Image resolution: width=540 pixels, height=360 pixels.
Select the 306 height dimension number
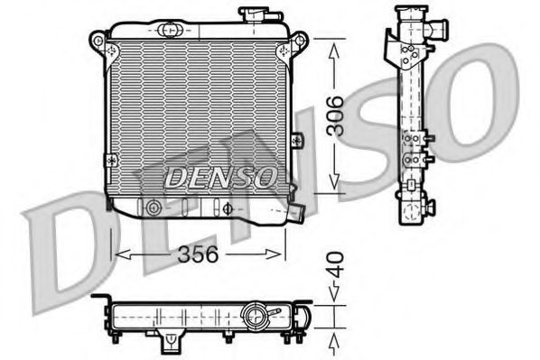(334, 114)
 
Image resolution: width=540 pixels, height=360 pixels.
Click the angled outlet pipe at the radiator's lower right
(296, 213)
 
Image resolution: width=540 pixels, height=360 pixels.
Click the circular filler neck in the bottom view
(256, 318)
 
